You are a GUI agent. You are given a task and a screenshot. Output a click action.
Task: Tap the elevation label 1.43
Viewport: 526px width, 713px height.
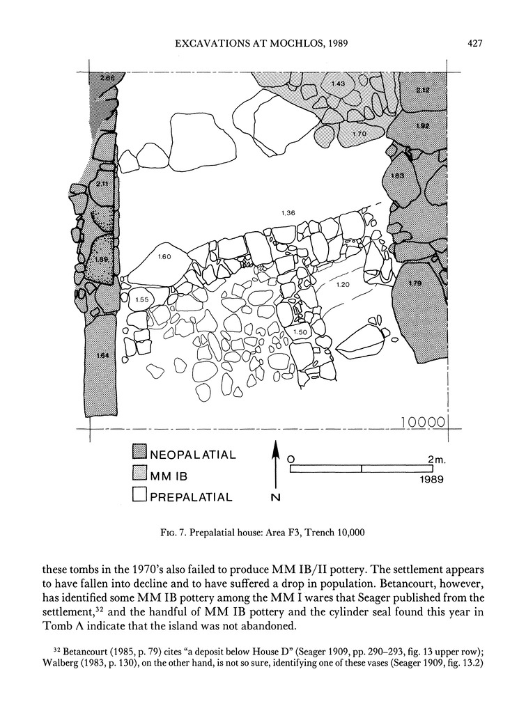(338, 84)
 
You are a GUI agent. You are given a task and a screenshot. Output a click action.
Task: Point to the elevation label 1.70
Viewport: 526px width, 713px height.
(359, 133)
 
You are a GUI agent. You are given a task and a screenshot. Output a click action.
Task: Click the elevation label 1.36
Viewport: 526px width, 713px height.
(286, 212)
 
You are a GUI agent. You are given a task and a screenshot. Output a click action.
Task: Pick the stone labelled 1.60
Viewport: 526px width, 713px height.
(164, 257)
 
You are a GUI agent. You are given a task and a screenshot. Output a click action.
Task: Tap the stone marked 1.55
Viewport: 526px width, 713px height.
(141, 299)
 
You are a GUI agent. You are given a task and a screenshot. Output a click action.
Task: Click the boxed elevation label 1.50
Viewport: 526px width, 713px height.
(301, 333)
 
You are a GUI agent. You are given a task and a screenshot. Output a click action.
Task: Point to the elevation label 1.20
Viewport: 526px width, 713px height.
(342, 285)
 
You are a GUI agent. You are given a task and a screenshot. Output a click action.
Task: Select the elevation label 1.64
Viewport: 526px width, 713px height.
(102, 356)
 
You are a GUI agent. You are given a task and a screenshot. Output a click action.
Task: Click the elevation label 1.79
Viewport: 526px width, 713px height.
(415, 283)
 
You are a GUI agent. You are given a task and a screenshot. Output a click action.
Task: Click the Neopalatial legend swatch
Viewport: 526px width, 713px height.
(139, 455)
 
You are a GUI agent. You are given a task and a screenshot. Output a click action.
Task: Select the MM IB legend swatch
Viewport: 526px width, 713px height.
(139, 476)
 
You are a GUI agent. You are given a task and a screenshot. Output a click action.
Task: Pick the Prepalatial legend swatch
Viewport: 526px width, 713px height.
(139, 496)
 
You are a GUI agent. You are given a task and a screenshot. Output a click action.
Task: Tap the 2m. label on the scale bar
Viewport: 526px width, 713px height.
(438, 459)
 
